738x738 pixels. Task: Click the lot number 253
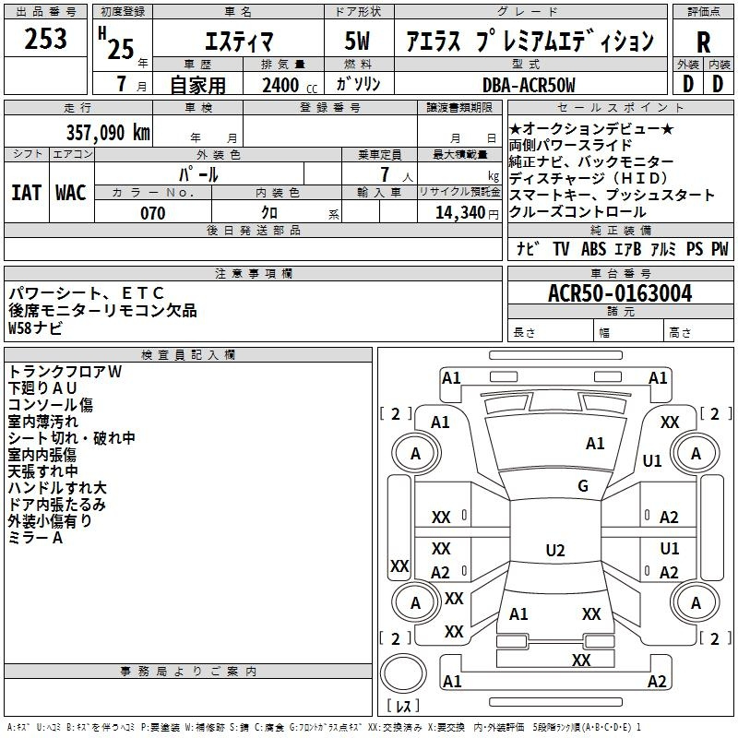click(45, 38)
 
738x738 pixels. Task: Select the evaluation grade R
click(703, 42)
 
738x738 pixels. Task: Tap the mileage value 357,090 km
click(108, 132)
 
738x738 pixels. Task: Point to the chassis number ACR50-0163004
click(620, 292)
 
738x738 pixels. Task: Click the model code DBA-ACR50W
click(529, 85)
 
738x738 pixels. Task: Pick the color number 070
click(153, 213)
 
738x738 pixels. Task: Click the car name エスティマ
click(239, 42)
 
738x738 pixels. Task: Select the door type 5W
click(357, 41)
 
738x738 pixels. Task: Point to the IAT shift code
click(27, 193)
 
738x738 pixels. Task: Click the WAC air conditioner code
click(71, 193)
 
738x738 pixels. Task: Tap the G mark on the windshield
click(583, 485)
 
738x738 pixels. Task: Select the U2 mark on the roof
click(555, 550)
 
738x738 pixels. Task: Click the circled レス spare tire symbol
click(403, 673)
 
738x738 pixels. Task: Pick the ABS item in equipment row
click(593, 249)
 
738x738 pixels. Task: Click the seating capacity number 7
click(385, 174)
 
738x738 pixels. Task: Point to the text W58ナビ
click(35, 327)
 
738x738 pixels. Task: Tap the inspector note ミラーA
click(35, 538)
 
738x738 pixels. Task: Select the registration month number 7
click(122, 84)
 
